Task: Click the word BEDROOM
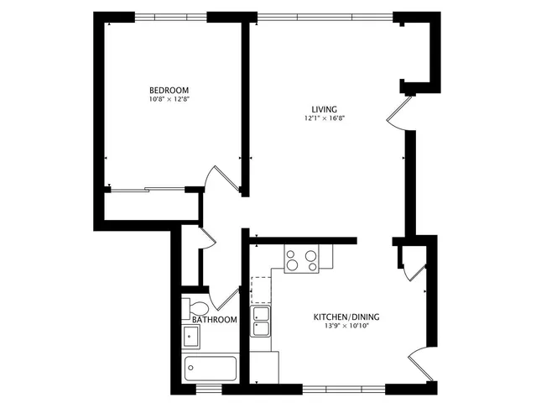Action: pos(169,91)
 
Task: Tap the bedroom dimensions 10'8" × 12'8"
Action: pos(169,100)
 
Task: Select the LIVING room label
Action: pos(324,110)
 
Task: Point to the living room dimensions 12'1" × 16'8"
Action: pos(325,119)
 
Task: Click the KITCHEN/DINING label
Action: pos(346,317)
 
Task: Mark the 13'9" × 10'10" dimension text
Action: pos(346,327)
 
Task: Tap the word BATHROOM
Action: pos(215,320)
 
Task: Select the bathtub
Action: pos(211,368)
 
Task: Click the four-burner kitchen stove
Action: pos(302,259)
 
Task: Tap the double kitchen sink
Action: pos(262,322)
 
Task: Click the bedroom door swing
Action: pos(220,177)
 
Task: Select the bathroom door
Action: pos(225,297)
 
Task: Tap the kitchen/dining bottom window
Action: pos(343,388)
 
